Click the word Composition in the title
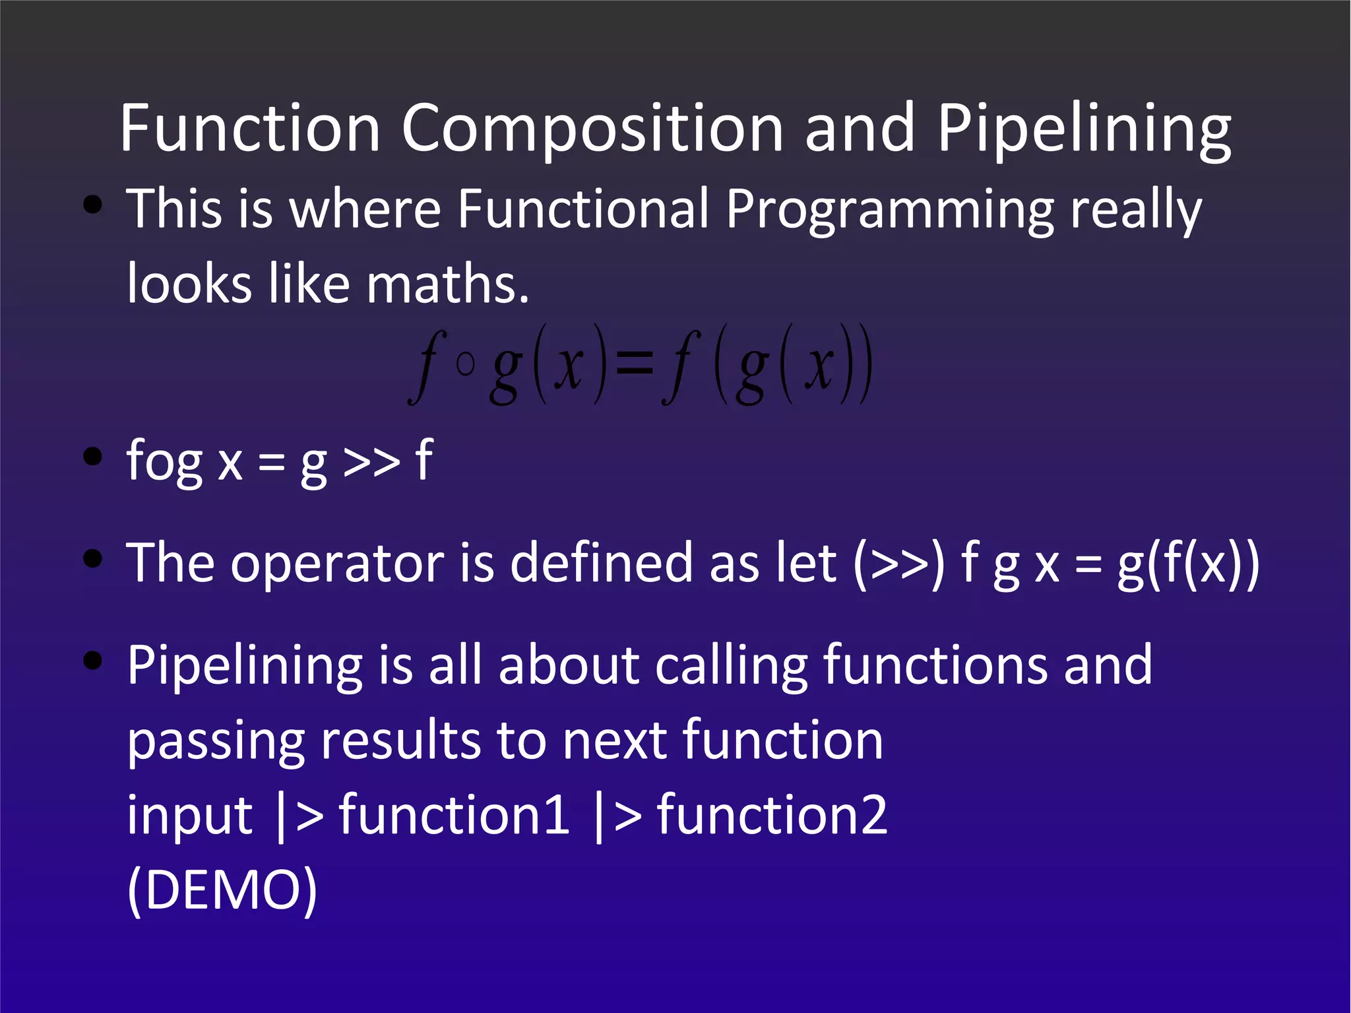tap(592, 129)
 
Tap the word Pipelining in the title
tap(1083, 129)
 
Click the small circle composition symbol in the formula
tap(465, 364)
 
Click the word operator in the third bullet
tap(337, 563)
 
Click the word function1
tap(455, 815)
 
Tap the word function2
tap(772, 815)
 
